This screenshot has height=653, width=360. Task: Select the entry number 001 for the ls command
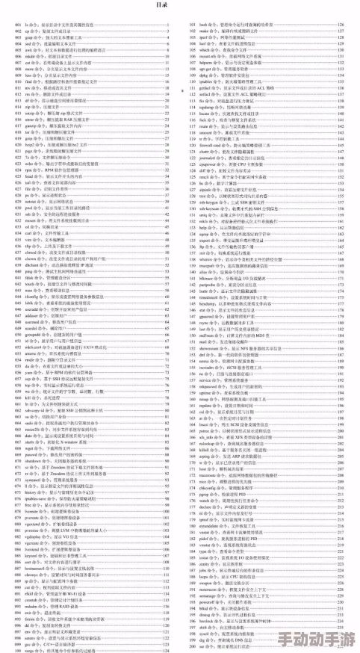coord(16,25)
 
